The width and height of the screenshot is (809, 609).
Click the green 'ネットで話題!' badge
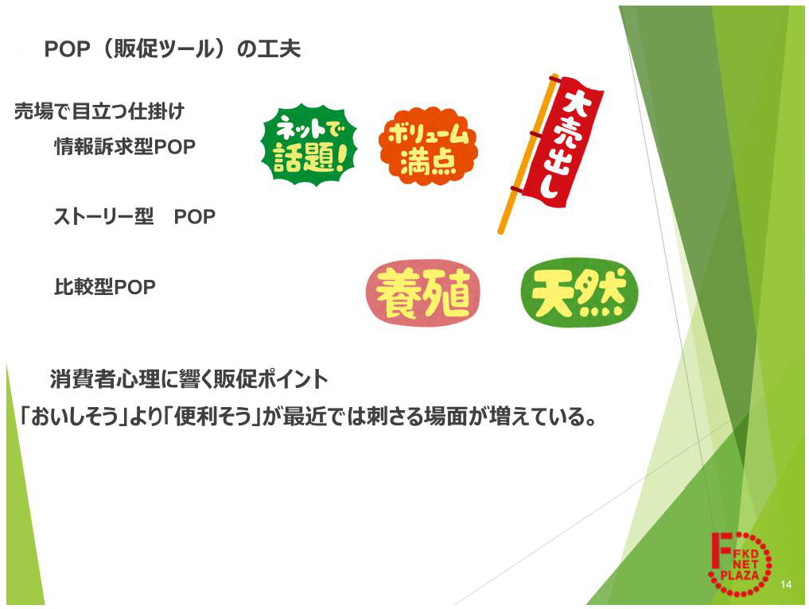[x=309, y=147]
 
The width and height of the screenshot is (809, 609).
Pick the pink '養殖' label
[x=422, y=294]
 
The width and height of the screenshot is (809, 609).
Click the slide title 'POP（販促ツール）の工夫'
[x=173, y=49]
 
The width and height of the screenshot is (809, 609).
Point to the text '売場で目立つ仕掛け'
[x=99, y=111]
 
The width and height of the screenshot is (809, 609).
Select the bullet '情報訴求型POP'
[x=124, y=147]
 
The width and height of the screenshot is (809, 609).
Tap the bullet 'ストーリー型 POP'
[x=134, y=216]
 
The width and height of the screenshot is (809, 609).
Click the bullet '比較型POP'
[x=104, y=287]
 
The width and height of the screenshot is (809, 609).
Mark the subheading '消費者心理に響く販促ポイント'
[x=189, y=379]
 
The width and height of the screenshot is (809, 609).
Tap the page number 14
[x=786, y=585]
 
